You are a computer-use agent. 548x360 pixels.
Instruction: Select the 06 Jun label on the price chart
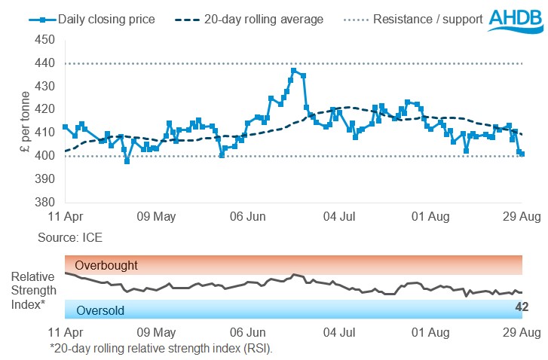click(x=247, y=217)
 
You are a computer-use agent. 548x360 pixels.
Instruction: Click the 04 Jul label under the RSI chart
click(x=339, y=331)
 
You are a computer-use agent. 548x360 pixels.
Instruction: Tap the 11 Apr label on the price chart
click(x=65, y=217)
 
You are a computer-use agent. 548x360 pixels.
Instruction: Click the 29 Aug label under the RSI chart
click(x=522, y=331)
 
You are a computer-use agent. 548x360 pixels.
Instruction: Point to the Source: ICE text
click(x=69, y=237)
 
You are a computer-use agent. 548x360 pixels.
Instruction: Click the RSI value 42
click(x=522, y=307)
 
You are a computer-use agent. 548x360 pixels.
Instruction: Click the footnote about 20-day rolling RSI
click(x=161, y=348)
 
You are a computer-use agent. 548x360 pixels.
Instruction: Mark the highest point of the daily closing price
click(x=293, y=70)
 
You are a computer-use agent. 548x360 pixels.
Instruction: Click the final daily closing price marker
click(x=522, y=154)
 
